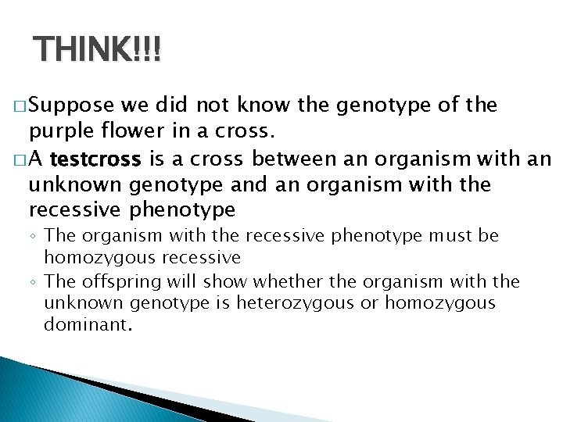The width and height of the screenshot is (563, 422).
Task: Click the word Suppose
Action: tap(74, 105)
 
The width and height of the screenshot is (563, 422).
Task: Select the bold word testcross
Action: tap(95, 161)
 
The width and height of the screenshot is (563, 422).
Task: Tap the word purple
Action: tap(61, 129)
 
